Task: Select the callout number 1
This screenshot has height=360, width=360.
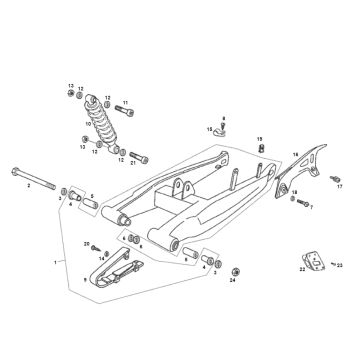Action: click(x=55, y=260)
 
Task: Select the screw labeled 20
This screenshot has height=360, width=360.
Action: click(x=97, y=247)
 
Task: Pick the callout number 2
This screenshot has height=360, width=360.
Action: click(x=29, y=185)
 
